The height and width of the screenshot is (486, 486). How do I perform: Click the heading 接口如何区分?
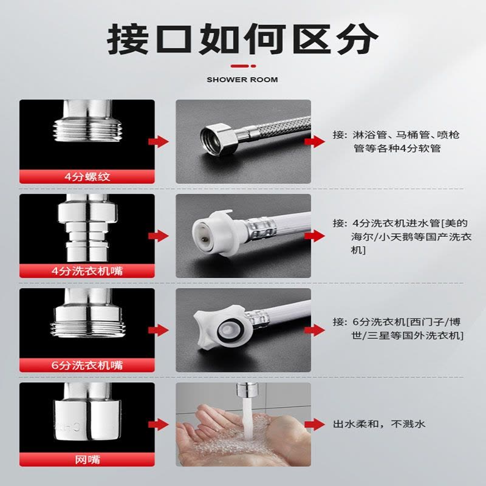pyautogui.click(x=242, y=39)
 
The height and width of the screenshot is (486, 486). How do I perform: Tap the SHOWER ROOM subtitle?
pyautogui.click(x=242, y=80)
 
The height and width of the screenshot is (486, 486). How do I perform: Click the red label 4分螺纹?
pyautogui.click(x=87, y=177)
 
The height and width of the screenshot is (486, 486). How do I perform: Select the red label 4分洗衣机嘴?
pyautogui.click(x=87, y=271)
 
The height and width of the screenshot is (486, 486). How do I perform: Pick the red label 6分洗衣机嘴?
pyautogui.click(x=87, y=365)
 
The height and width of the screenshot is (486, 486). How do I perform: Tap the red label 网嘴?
pyautogui.click(x=87, y=459)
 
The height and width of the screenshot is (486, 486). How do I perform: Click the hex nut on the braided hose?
pyautogui.click(x=219, y=139)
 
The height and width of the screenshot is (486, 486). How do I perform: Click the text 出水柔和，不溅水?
pyautogui.click(x=379, y=423)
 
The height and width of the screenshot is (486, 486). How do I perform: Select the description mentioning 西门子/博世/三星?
pyautogui.click(x=399, y=329)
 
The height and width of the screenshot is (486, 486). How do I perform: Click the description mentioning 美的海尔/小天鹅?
pyautogui.click(x=402, y=236)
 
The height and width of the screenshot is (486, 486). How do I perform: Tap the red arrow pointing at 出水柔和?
pyautogui.click(x=315, y=424)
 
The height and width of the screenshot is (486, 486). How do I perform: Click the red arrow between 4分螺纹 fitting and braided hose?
pyautogui.click(x=159, y=142)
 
